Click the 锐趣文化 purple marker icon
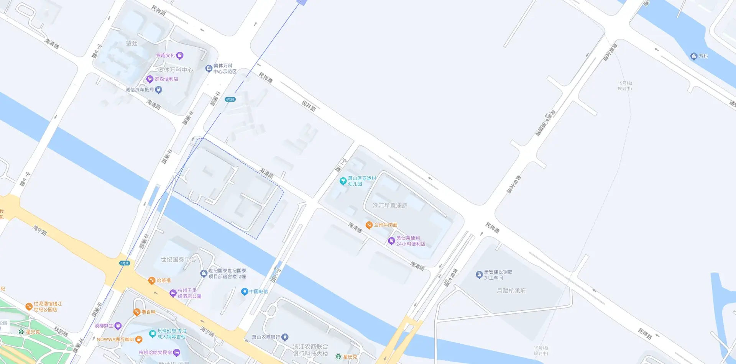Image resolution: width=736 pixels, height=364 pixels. coord(180,56)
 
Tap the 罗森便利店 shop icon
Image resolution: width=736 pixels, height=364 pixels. coord(150,79)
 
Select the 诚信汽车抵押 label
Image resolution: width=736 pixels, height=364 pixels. coord(140,90)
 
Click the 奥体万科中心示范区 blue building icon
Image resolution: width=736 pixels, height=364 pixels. coord(209,69)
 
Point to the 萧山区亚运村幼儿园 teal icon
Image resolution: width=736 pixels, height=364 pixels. coord(343,181)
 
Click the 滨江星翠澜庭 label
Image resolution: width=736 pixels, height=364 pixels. coord(390,206)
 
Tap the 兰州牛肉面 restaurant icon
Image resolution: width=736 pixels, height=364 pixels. coord(369,225)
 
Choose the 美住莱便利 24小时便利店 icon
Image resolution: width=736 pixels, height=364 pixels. coord(391,241)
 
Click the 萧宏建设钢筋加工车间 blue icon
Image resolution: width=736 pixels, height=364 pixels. coord(479,274)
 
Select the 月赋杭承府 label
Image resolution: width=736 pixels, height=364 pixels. coord(511,291)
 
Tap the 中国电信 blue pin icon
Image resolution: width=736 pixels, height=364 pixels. coord(244,292)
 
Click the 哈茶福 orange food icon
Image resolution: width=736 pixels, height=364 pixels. coord(151,280)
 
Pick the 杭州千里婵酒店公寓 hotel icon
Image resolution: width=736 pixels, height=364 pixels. coord(173,293)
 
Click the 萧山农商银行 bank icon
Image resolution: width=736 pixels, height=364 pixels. coord(285,337)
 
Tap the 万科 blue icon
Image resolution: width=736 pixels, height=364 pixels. coord(693,56)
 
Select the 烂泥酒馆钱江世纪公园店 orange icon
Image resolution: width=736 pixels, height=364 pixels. coord(29,306)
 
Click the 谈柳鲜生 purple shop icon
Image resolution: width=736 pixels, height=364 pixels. coord(118,326)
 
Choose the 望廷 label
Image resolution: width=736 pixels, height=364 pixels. coord(132,43)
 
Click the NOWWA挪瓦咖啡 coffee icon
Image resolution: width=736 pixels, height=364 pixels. coord(139,339)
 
